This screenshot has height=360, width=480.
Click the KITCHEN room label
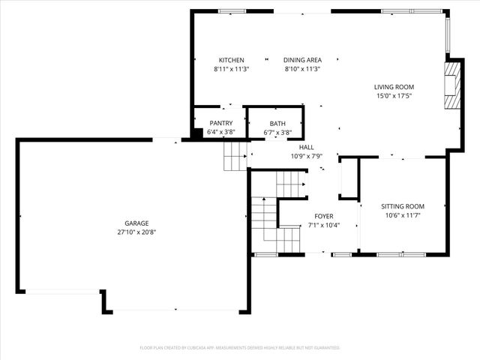pos(231,60)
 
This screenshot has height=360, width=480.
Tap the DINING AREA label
pos(302,60)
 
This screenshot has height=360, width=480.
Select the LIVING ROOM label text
pos(394,87)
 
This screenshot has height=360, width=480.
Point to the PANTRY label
pos(220,123)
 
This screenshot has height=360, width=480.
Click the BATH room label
pos(277,124)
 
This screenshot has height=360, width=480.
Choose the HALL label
pos(306,147)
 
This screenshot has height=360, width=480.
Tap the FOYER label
pos(325,216)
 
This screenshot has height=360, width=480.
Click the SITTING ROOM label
pos(403,206)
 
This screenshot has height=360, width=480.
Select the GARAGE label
pos(136,223)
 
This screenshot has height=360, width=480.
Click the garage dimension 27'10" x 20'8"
pos(136,232)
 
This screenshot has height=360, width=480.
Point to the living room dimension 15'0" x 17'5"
pos(394,96)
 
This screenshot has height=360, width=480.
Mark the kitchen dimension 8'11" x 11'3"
pos(231,69)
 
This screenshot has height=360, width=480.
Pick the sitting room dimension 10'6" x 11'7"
pos(403,215)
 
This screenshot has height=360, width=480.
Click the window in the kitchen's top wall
pos(232,11)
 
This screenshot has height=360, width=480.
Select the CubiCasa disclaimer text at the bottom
pos(240,348)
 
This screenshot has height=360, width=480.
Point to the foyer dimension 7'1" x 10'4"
pos(325,225)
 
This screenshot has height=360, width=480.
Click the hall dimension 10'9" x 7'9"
pos(306,156)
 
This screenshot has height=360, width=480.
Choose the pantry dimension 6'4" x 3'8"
pos(220,133)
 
